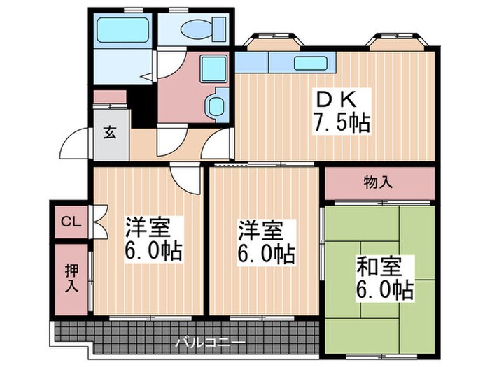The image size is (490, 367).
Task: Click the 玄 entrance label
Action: click(x=110, y=132)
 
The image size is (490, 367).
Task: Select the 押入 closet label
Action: click(x=71, y=278)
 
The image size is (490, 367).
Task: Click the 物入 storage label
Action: click(x=378, y=183)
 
